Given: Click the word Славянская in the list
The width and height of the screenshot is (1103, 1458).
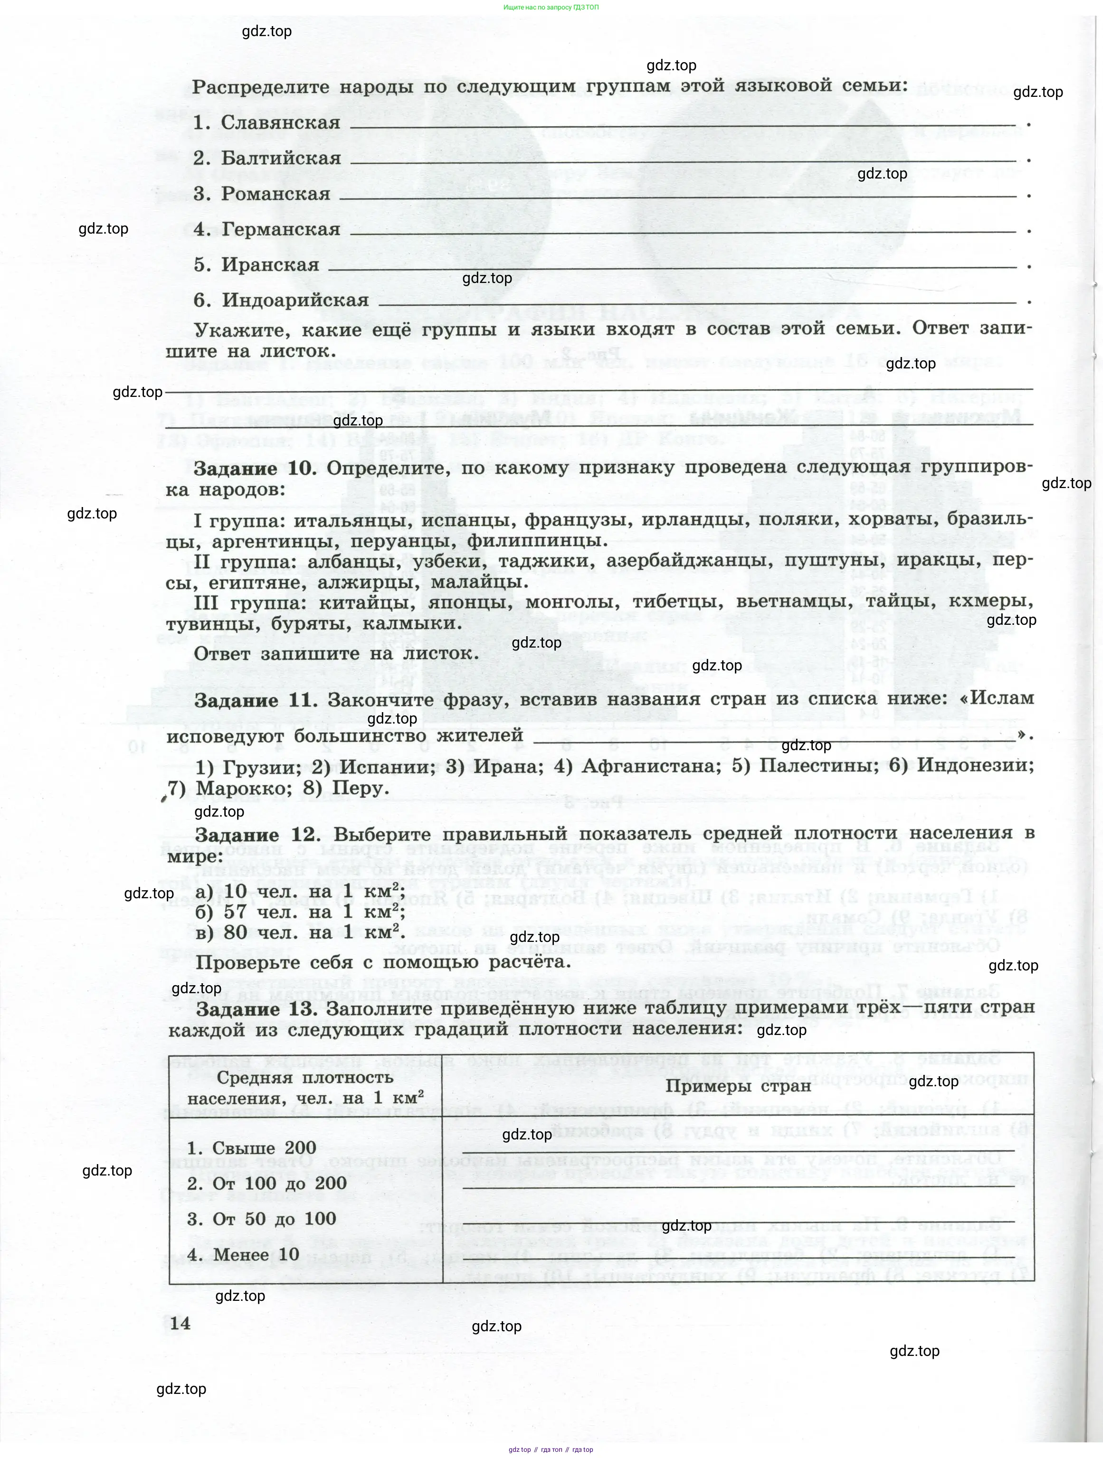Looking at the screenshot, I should (281, 122).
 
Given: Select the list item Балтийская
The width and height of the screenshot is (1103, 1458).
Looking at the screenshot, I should (282, 158).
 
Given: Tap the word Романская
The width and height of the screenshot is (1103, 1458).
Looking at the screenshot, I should (276, 194).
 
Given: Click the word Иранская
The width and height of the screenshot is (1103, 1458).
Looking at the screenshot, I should (270, 265).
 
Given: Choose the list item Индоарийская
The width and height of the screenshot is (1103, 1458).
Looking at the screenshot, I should (295, 301).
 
